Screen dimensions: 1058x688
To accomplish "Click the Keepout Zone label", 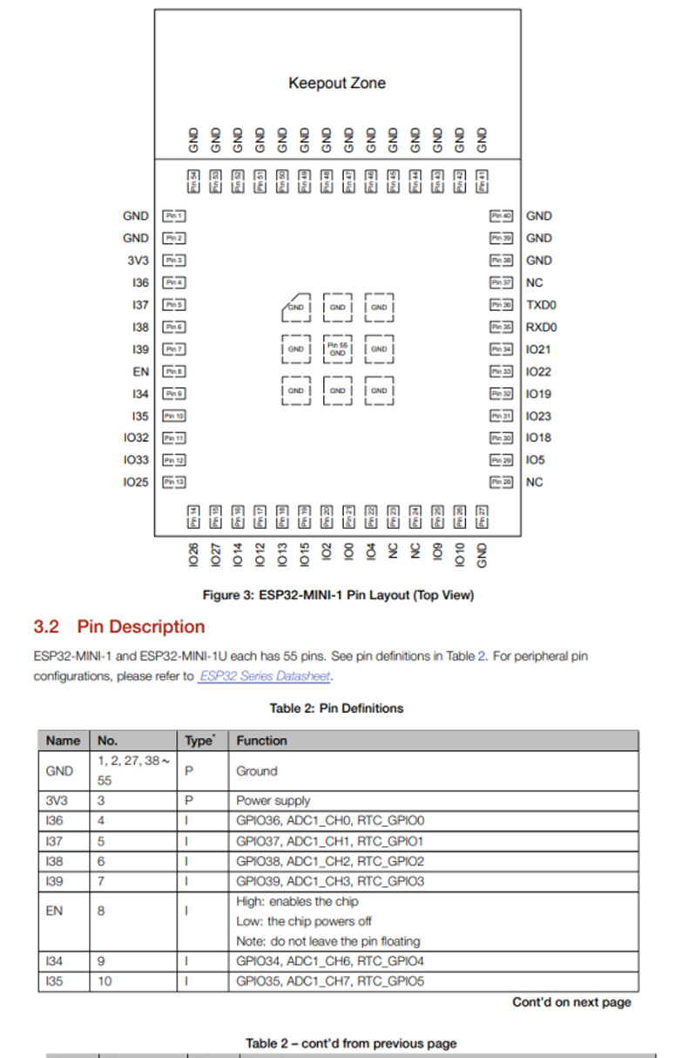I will [336, 83].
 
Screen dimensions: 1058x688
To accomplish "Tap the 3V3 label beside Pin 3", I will [138, 261].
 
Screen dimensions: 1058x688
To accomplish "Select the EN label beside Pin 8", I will [140, 371].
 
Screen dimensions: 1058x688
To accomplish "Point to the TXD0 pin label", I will [542, 305].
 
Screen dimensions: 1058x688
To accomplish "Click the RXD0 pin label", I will [542, 328].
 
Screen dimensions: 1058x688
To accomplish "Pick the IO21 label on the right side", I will [539, 349].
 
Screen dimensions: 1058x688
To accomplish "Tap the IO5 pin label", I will [536, 460].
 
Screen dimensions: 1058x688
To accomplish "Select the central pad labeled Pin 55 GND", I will [337, 349].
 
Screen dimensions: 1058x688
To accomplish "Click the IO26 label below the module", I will [193, 552].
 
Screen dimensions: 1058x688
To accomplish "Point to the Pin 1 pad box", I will [174, 216].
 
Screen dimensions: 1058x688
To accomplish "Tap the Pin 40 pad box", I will [501, 216].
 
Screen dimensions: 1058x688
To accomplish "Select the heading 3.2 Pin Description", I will [119, 627].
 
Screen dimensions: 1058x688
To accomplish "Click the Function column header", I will [261, 741].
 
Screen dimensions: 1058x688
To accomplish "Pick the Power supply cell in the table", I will [273, 800].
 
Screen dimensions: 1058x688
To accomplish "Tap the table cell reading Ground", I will [256, 770].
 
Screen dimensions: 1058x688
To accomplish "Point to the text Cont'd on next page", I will [571, 1002].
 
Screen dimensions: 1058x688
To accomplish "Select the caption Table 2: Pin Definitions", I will [336, 708].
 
